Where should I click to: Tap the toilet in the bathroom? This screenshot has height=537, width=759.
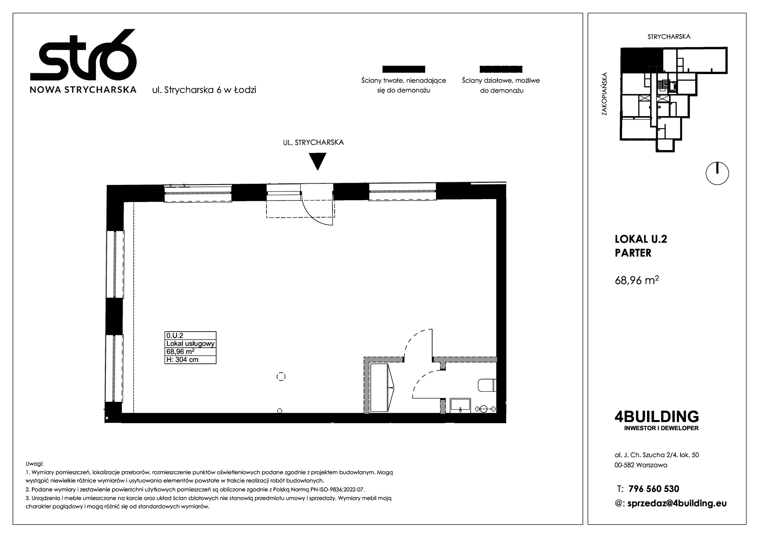click(487, 385)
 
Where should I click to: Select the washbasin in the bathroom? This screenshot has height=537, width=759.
click(460, 405)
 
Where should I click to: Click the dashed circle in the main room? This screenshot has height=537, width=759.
click(281, 376)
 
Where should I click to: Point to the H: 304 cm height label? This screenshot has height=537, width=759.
click(183, 360)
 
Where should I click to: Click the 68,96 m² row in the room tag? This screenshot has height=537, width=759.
click(181, 352)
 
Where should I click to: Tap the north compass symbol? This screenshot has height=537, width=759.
click(717, 174)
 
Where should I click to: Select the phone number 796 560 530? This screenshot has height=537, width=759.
click(654, 489)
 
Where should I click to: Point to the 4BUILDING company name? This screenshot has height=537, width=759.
click(657, 417)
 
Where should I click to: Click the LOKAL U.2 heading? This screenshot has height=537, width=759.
click(641, 239)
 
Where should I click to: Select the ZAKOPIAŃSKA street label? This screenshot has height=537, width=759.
click(604, 94)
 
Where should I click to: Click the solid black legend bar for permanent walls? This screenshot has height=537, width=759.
click(403, 69)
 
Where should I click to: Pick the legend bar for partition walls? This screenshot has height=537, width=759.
click(501, 69)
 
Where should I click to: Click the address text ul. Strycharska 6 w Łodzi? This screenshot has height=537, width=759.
click(204, 90)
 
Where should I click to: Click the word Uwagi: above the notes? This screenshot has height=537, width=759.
click(35, 464)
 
